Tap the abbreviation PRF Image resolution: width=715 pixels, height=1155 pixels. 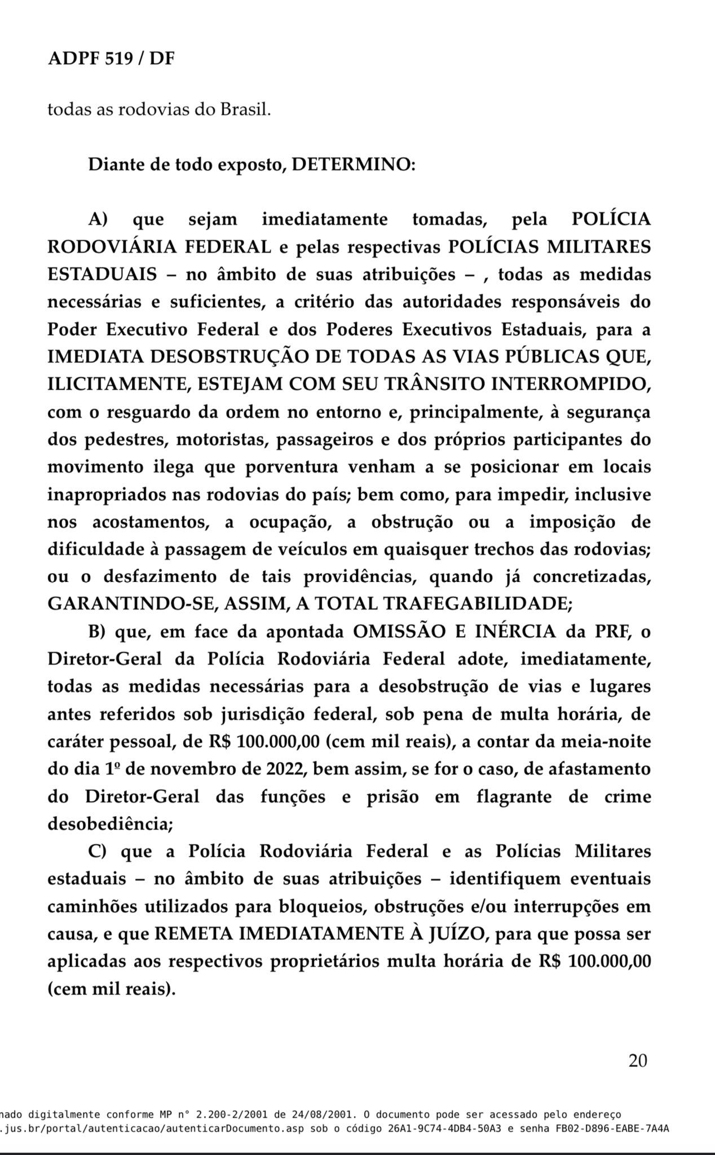[x=615, y=632]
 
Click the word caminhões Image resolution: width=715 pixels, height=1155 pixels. [x=91, y=906]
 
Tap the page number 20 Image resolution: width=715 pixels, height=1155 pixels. [x=638, y=1061]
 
